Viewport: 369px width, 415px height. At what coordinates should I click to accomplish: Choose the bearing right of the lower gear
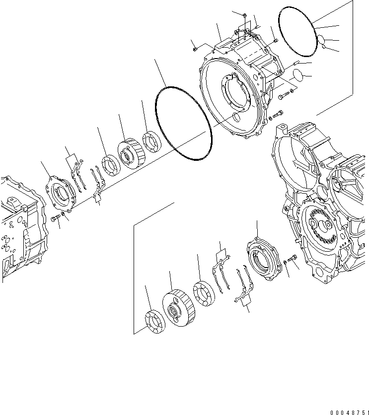203,293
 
